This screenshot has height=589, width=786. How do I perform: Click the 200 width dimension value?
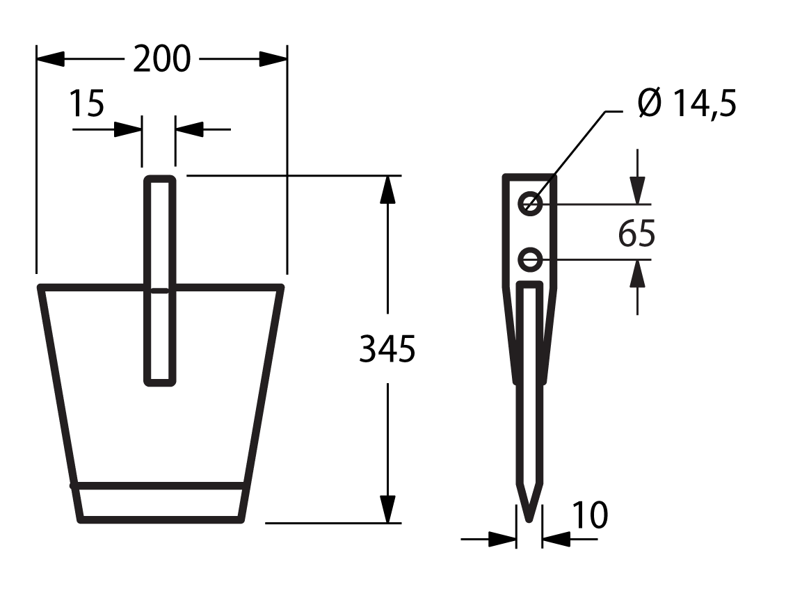[x=161, y=59]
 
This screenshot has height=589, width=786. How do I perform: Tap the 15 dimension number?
[x=86, y=104]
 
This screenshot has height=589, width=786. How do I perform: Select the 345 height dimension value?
[x=387, y=349]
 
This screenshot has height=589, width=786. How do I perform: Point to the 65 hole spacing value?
[x=636, y=234]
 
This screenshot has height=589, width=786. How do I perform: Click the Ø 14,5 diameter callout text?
[x=687, y=104]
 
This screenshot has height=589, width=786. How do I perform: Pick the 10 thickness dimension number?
[x=590, y=515]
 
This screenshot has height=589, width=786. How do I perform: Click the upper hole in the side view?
[x=530, y=204]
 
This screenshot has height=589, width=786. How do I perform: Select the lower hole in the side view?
[x=530, y=260]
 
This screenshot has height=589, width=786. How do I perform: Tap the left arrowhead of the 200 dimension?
[x=50, y=58]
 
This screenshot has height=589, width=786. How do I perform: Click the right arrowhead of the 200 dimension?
[x=273, y=58]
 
